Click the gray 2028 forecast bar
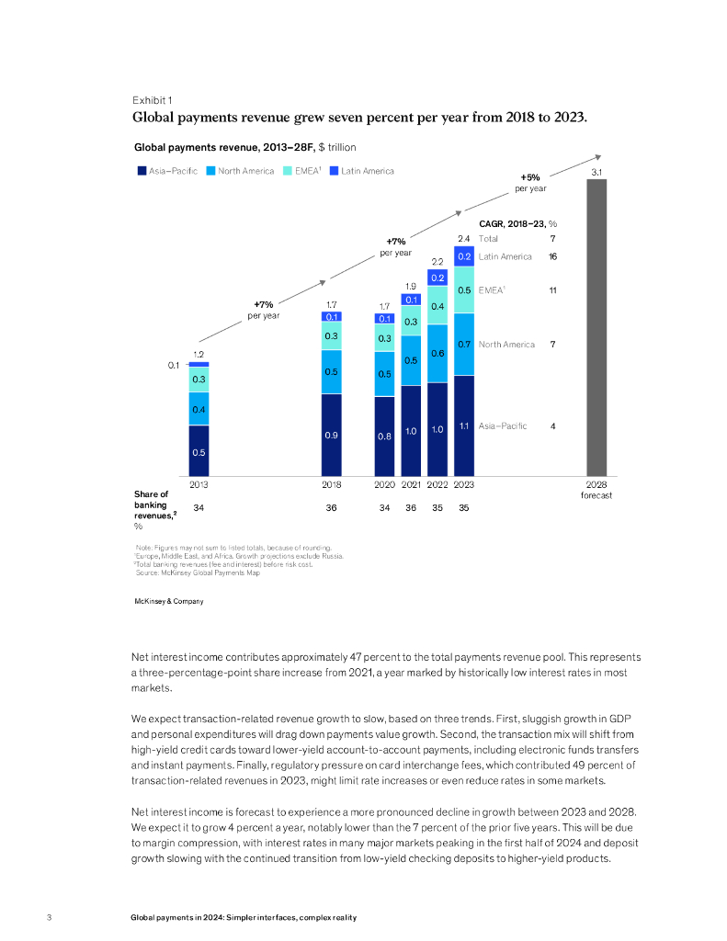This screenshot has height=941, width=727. point(596,326)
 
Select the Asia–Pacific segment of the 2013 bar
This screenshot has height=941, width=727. point(199,450)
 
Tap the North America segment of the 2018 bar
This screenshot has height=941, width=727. point(332,371)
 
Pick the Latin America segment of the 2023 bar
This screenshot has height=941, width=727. point(464,256)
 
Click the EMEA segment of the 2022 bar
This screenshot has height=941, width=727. point(437,305)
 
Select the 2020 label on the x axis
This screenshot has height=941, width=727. point(384,483)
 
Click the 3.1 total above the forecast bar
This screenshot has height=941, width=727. point(596,172)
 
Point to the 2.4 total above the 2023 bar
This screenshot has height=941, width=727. point(464,239)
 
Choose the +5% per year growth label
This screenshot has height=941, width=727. point(530,182)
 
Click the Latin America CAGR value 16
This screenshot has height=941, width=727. point(552,256)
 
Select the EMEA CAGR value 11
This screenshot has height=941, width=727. point(552,290)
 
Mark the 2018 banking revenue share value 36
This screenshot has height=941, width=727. point(332,507)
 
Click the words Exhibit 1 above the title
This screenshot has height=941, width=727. point(152,99)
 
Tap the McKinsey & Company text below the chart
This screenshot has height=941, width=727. point(168,601)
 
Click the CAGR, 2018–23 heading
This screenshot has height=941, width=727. point(518,222)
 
